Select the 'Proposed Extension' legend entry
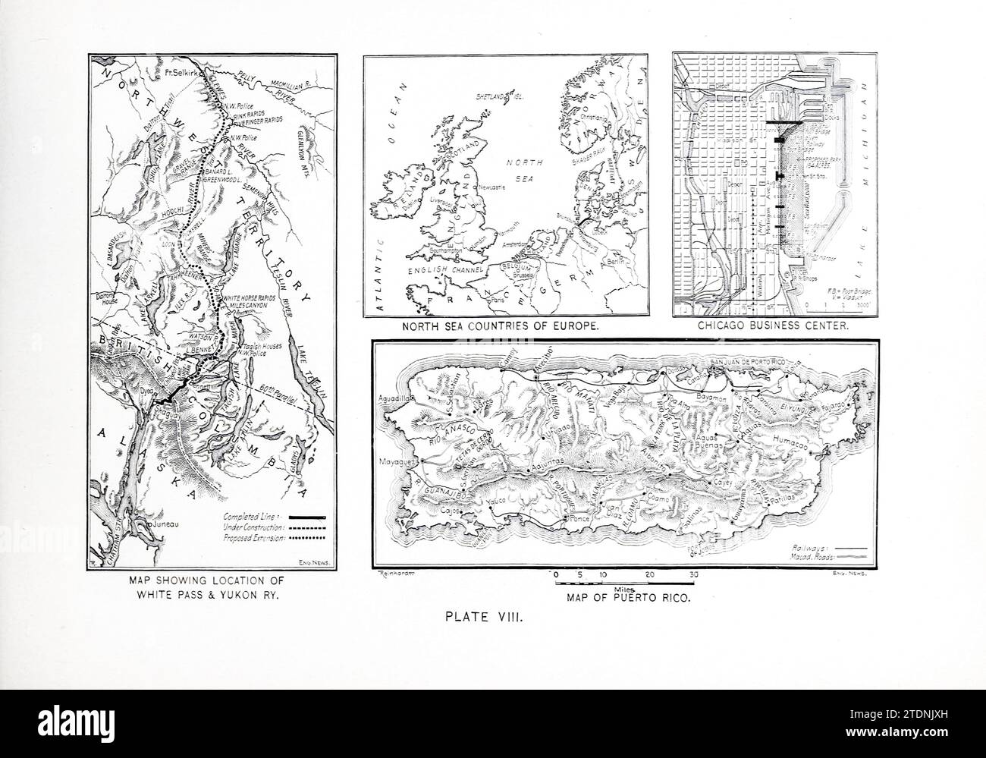253,537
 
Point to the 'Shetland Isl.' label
501,97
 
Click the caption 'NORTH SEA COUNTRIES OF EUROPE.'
507,326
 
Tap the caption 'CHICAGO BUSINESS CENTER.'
772,326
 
